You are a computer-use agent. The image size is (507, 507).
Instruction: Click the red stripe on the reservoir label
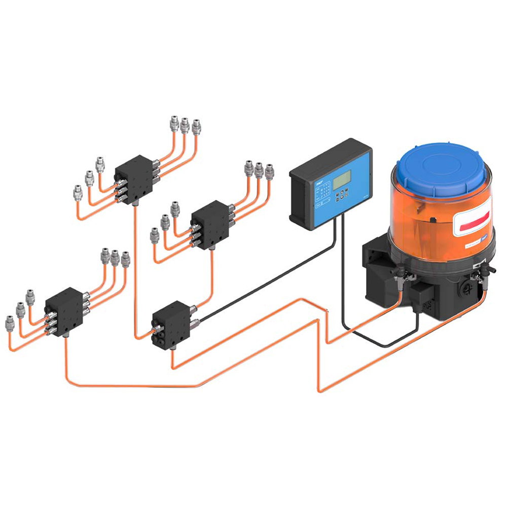tap(474, 219)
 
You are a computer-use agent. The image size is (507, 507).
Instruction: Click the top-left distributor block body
tap(134, 175)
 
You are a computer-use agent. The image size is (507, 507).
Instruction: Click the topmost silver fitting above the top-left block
tap(174, 122)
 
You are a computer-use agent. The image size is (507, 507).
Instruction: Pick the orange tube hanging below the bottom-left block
tap(66, 355)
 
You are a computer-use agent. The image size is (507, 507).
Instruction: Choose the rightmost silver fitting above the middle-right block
tap(269, 169)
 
